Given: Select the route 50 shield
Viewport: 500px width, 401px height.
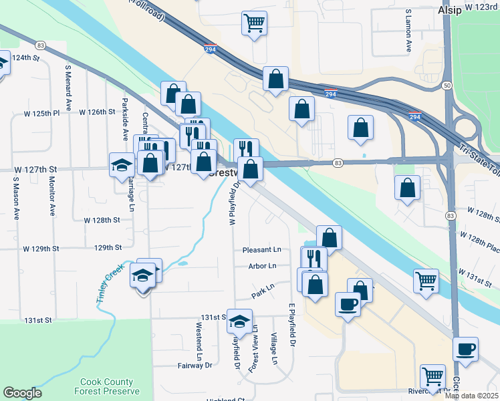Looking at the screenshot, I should [x=446, y=86].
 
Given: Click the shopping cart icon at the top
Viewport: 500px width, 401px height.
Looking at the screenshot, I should [x=254, y=24].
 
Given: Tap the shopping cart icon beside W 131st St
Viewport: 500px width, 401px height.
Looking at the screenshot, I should [x=425, y=281].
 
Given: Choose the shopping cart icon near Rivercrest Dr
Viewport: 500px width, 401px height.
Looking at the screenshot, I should [x=432, y=376].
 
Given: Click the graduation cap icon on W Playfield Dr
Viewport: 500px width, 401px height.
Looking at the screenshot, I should [x=239, y=321].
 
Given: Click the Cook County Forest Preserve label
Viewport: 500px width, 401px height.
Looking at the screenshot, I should [x=110, y=386].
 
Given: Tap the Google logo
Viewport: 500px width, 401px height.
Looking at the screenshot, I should [x=22, y=393].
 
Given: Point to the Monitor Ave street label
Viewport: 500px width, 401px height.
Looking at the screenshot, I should [x=51, y=196].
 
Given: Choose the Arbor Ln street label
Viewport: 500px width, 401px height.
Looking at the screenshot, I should [x=262, y=266].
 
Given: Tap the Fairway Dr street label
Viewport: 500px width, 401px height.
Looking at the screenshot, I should [x=195, y=366].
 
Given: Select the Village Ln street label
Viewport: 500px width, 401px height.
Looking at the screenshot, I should [x=274, y=348].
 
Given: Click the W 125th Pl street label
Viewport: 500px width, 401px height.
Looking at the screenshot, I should [x=43, y=113].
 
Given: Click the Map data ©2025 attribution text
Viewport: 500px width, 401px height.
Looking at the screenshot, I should [x=471, y=396].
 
